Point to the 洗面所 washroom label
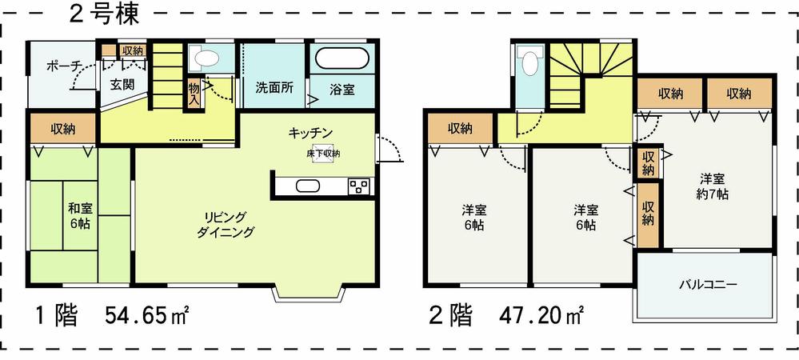pyautogui.click(x=271, y=88)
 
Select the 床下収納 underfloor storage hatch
pyautogui.click(x=322, y=154)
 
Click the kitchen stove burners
pyautogui.click(x=358, y=186)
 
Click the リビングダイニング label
pyautogui.click(x=226, y=225)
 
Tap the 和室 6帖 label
pyautogui.click(x=78, y=215)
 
